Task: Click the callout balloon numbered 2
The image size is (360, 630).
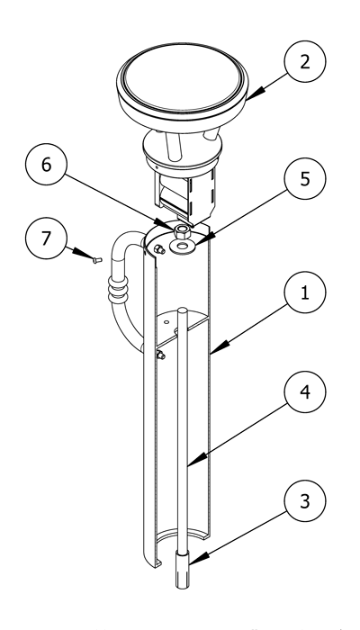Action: click(x=305, y=61)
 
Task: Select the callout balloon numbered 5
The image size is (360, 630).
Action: click(x=305, y=178)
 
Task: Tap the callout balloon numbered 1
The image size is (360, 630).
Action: click(x=305, y=292)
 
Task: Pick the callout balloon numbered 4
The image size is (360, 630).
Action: click(x=305, y=391)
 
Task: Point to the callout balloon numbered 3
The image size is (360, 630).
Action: click(x=305, y=500)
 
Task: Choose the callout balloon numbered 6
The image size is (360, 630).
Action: click(x=46, y=165)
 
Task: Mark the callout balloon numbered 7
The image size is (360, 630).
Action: click(x=46, y=238)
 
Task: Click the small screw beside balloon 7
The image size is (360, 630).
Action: click(x=97, y=260)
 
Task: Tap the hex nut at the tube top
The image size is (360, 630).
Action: click(x=182, y=231)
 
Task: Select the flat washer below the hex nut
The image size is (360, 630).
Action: click(x=183, y=246)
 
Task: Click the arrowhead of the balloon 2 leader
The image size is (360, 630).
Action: click(x=253, y=94)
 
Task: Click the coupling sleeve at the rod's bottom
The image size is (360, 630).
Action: click(x=182, y=570)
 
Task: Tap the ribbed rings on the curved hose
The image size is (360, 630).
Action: click(x=118, y=288)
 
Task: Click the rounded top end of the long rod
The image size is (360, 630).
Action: click(x=183, y=310)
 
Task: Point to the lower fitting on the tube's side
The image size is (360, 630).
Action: click(x=161, y=355)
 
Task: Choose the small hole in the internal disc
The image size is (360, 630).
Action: click(x=166, y=322)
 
